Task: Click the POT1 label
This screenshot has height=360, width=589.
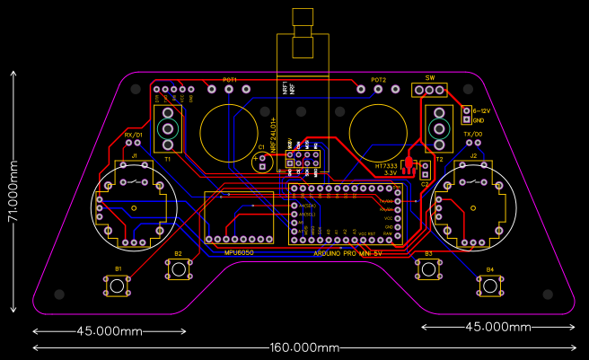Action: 230,80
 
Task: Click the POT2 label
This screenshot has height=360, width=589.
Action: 379,80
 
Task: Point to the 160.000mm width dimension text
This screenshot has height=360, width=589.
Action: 304,347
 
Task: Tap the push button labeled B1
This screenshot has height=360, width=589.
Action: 118,286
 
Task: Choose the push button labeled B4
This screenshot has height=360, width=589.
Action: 489,286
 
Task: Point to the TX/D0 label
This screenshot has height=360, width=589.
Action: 472,134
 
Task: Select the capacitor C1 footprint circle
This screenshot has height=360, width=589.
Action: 264,162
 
